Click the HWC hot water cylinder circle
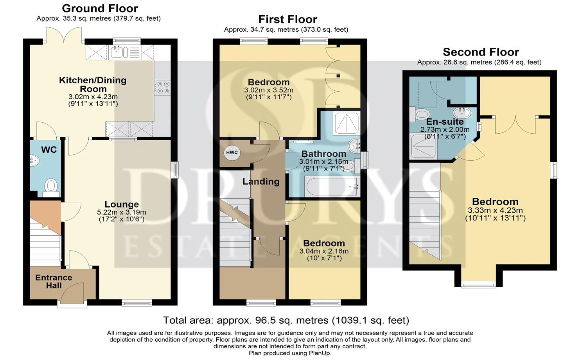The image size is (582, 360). coord(232,152)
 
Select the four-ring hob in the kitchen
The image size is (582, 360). coord(163,88)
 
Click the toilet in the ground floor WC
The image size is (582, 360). coord(51,187)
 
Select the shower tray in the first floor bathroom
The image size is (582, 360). coord(347,123)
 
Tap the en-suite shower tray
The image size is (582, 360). coord(423,146)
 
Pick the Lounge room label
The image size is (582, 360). coord(122,204)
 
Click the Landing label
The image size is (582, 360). coord(261,181)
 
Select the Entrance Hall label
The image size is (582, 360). coord(54,281)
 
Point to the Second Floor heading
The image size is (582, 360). coord(481,52)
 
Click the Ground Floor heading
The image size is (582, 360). coord(100,9)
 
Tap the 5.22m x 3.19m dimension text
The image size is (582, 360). coord(122,212)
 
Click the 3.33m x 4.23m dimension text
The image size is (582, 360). coord(495,210)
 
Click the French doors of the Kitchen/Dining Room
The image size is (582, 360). coord(64,36)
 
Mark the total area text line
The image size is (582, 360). coord(286,320)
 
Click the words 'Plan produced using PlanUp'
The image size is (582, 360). coord(290,353)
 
